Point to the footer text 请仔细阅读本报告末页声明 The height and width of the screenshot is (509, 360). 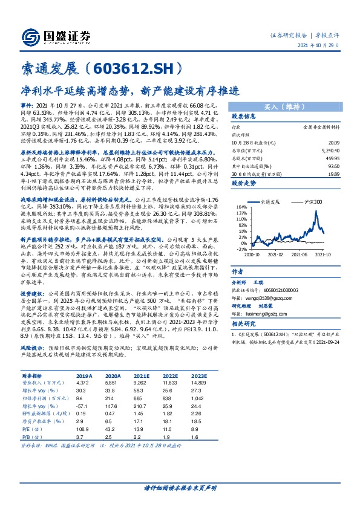(x=180, y=487)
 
